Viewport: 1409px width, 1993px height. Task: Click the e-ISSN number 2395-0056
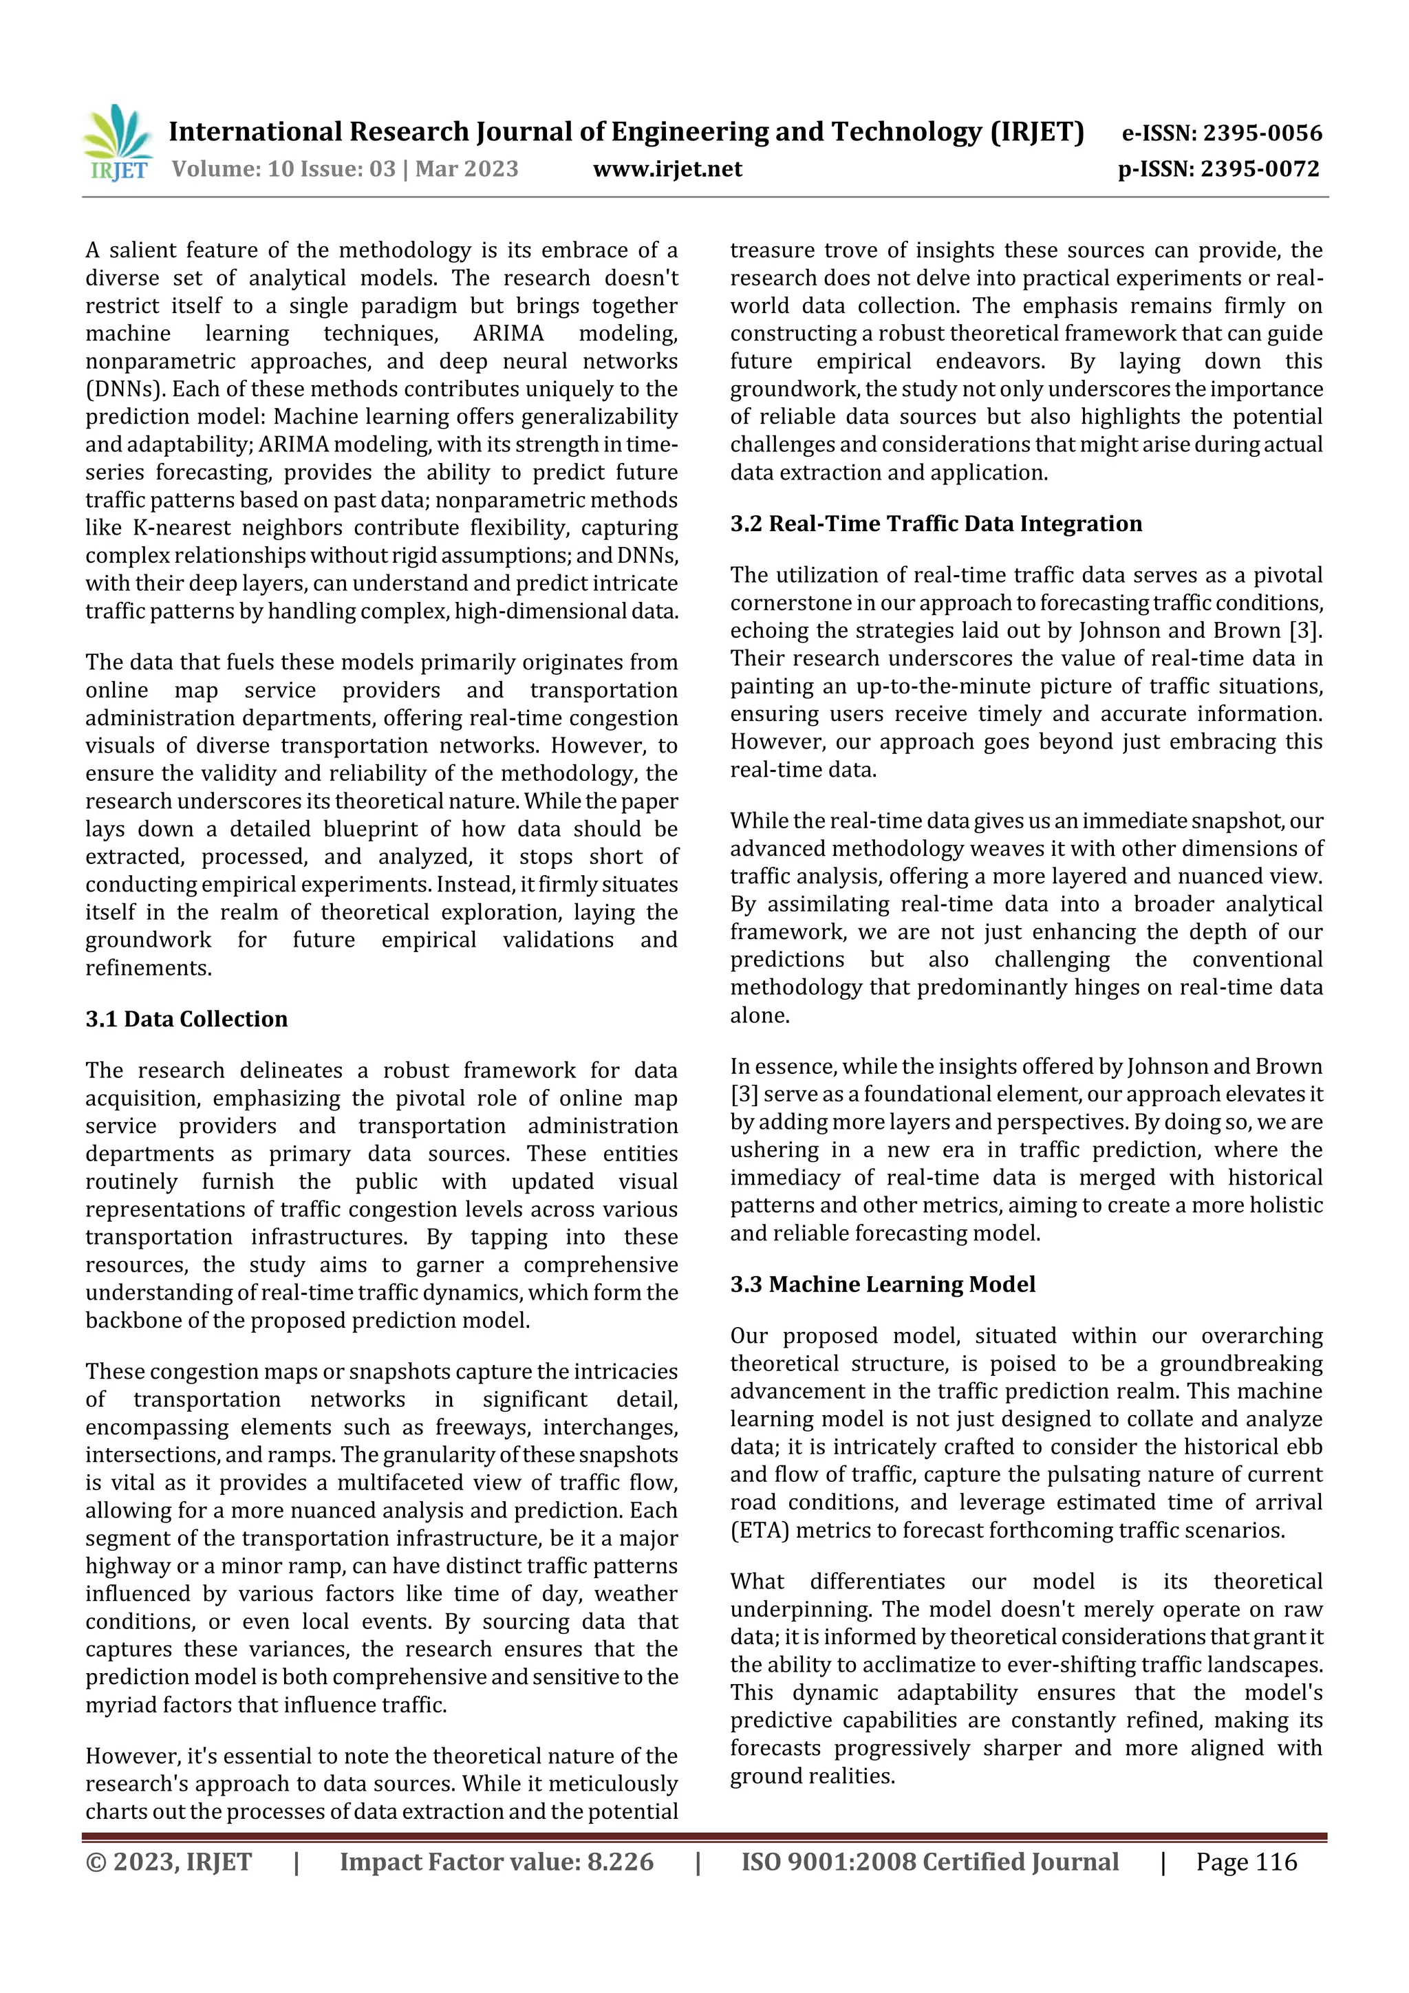pyautogui.click(x=1262, y=133)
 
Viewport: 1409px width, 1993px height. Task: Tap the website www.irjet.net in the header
pyautogui.click(x=667, y=169)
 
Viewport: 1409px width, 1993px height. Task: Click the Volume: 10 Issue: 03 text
pyautogui.click(x=284, y=169)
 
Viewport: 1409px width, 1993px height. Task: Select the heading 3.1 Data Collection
pyautogui.click(x=186, y=1018)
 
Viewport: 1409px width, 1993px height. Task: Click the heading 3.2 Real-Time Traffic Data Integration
pyautogui.click(x=935, y=524)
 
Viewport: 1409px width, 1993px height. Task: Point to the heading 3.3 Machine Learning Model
pyautogui.click(x=882, y=1284)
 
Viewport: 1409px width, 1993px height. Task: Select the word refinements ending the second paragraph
pyautogui.click(x=148, y=968)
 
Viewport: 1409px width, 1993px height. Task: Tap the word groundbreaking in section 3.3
pyautogui.click(x=1241, y=1364)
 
